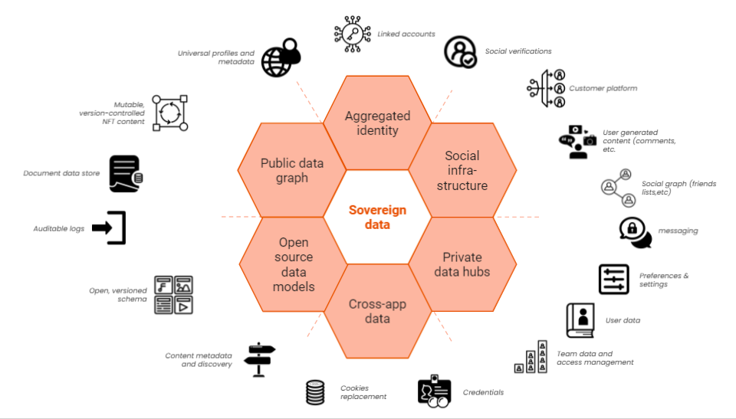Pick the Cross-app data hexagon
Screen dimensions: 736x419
pos(377,311)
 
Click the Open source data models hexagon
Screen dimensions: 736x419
pos(292,264)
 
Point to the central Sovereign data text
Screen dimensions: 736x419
pos(377,217)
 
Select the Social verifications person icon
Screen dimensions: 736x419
pos(461,52)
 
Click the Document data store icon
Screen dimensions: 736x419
pos(125,173)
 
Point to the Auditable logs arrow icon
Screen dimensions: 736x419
pos(109,228)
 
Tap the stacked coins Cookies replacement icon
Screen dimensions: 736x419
pos(315,392)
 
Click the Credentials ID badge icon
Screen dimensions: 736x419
pos(434,392)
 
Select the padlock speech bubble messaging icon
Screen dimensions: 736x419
pos(635,232)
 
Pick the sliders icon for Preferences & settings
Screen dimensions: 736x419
pos(613,280)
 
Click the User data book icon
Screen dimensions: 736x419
pos(580,320)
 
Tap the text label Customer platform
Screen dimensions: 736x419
pos(603,88)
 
